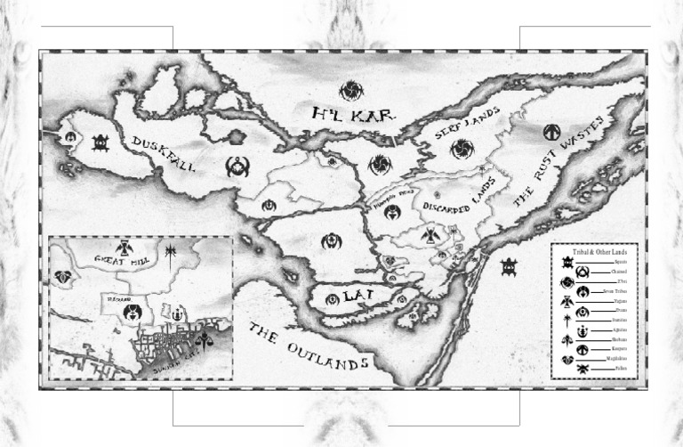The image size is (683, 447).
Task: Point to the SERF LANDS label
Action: [467, 124]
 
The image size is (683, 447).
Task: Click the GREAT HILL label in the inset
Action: [124, 260]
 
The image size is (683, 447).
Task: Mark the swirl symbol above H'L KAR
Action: [351, 89]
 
